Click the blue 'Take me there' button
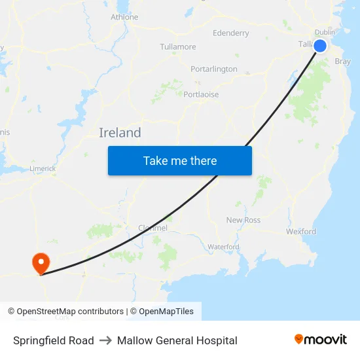[x=180, y=160]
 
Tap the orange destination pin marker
[x=41, y=264]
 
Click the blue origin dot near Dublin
[x=320, y=45]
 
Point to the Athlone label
[x=124, y=17]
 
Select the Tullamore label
[x=178, y=47]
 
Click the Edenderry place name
[x=231, y=33]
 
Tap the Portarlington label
[x=214, y=69]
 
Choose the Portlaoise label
[x=201, y=94]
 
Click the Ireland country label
[x=120, y=133]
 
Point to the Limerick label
[x=43, y=168]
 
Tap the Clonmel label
[x=153, y=228]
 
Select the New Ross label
[x=243, y=220]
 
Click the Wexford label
[x=301, y=231]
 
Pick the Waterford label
[x=223, y=247]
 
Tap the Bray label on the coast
[x=342, y=62]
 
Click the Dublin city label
[x=325, y=32]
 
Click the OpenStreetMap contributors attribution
[x=65, y=312]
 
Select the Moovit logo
[x=321, y=340]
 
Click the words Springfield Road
[x=54, y=340]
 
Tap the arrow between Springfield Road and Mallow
[x=105, y=340]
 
